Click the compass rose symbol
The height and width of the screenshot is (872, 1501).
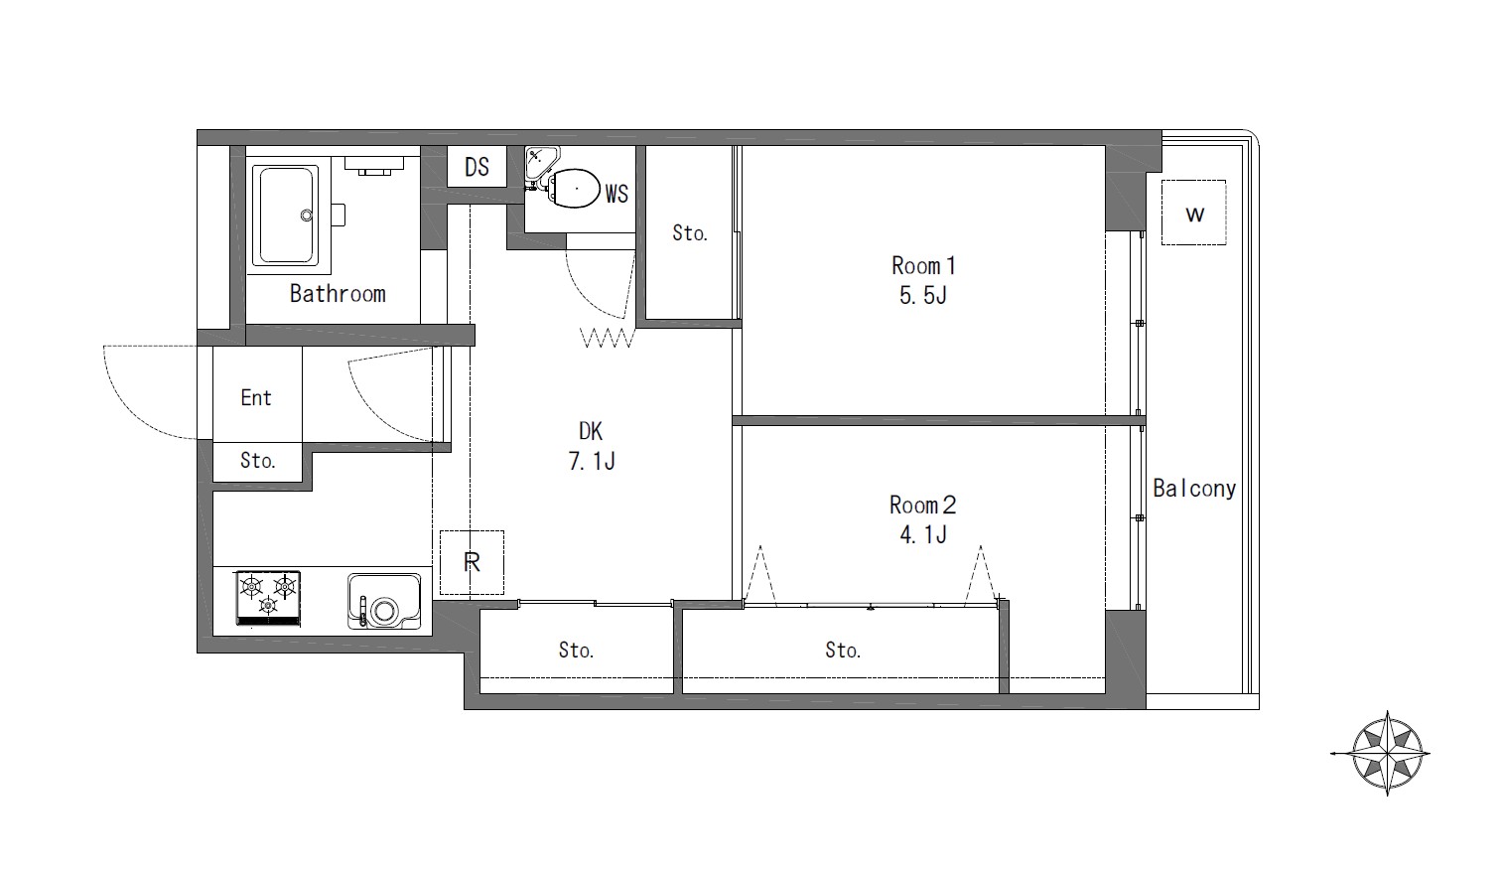1387,754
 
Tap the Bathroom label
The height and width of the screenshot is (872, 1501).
338,294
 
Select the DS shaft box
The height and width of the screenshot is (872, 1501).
478,166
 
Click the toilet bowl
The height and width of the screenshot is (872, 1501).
575,188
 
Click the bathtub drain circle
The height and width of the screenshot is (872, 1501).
307,216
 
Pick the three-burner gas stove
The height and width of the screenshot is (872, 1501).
268,599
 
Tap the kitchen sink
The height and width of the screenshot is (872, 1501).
384,601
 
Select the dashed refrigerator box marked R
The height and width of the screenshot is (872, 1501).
472,562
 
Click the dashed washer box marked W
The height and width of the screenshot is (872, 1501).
1194,213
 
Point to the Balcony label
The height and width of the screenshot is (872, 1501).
1194,489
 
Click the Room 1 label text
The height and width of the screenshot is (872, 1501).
922,266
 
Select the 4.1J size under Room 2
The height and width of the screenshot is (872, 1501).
922,535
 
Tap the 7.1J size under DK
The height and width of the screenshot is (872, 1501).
591,461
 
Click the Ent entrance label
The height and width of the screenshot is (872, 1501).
256,397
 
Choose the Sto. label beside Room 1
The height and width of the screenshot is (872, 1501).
690,233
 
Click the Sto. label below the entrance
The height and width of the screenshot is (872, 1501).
258,461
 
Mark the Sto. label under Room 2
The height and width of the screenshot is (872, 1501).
842,651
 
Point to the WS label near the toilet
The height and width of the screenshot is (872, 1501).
616,194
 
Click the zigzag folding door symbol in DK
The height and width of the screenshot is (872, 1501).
607,338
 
